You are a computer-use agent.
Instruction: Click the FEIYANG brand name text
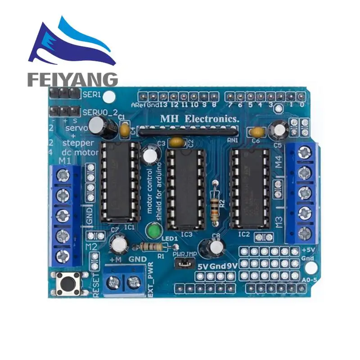click(x=72, y=79)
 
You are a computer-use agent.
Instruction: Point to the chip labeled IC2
click(x=249, y=187)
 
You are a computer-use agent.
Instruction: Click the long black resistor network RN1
click(x=188, y=131)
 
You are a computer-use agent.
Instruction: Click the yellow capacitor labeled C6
click(x=257, y=132)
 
